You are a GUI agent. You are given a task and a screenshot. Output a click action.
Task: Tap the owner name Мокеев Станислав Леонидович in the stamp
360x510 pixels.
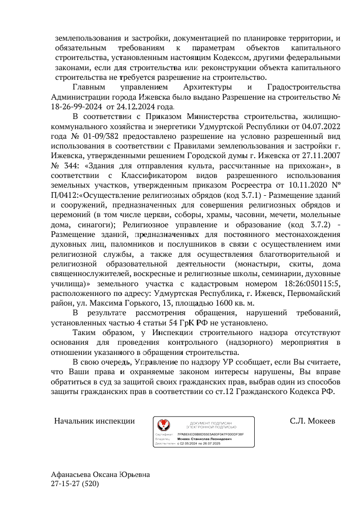(204, 439)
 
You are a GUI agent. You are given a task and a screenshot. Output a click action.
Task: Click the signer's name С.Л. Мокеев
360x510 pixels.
(312, 421)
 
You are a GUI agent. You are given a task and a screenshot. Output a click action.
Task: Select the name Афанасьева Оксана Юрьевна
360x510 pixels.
(101, 474)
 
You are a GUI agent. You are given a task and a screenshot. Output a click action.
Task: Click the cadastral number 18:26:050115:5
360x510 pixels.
(311, 284)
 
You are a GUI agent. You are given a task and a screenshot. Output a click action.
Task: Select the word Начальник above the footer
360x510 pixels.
(73, 421)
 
